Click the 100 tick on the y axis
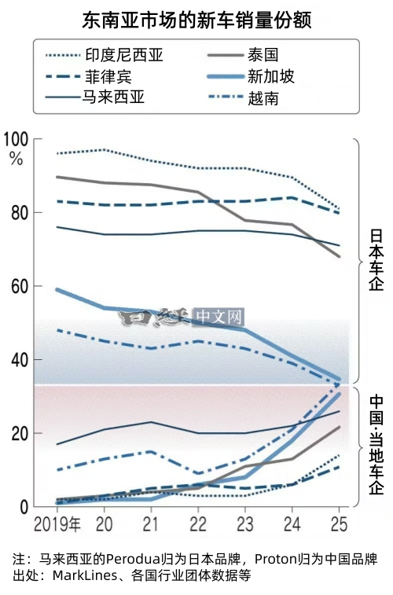click(16, 139)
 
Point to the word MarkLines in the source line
click(79, 575)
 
